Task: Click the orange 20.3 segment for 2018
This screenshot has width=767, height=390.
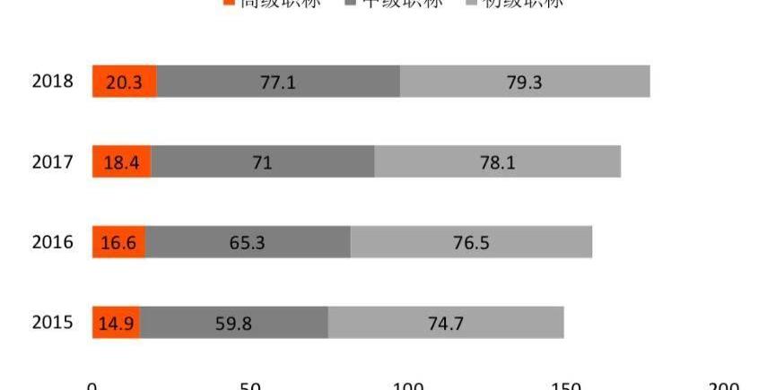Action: pyautogui.click(x=125, y=82)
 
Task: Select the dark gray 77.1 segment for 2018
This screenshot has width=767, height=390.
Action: pyautogui.click(x=278, y=82)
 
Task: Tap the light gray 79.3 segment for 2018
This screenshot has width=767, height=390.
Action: pyautogui.click(x=525, y=82)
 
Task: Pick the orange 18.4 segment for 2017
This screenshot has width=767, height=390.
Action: pyautogui.click(x=122, y=162)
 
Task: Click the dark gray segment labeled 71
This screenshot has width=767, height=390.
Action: pyautogui.click(x=263, y=162)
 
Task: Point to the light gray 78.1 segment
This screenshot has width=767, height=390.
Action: pyautogui.click(x=497, y=162)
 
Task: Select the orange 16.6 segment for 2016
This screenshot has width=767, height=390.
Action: pyautogui.click(x=119, y=242)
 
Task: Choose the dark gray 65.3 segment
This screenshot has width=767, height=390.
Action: pyautogui.click(x=248, y=242)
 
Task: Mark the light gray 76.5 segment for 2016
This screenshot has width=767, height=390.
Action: pyautogui.click(x=471, y=242)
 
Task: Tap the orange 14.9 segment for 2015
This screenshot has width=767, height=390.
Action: pyautogui.click(x=117, y=323)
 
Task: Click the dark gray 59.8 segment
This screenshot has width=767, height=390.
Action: pyautogui.click(x=233, y=323)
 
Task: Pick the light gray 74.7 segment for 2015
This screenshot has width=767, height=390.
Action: pyautogui.click(x=446, y=323)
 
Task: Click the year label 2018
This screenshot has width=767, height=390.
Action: pyautogui.click(x=52, y=82)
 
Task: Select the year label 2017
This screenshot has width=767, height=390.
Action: pyautogui.click(x=52, y=162)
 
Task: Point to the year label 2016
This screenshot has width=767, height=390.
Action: pyautogui.click(x=52, y=242)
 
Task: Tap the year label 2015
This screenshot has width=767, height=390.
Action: pyautogui.click(x=52, y=323)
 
